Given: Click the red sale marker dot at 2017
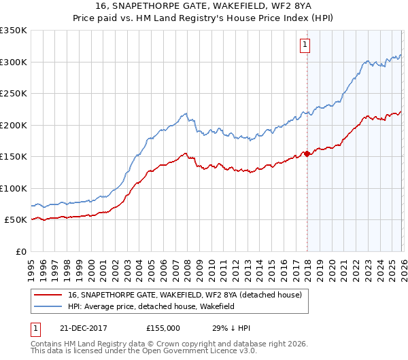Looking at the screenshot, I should [x=307, y=154].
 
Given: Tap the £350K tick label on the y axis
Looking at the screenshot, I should [x=14, y=31].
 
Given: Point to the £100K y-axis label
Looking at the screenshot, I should [x=14, y=189].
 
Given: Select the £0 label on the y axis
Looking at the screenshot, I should [x=21, y=252].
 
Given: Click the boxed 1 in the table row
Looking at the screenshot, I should [x=36, y=327].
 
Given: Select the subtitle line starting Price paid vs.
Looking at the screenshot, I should [x=204, y=19].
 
